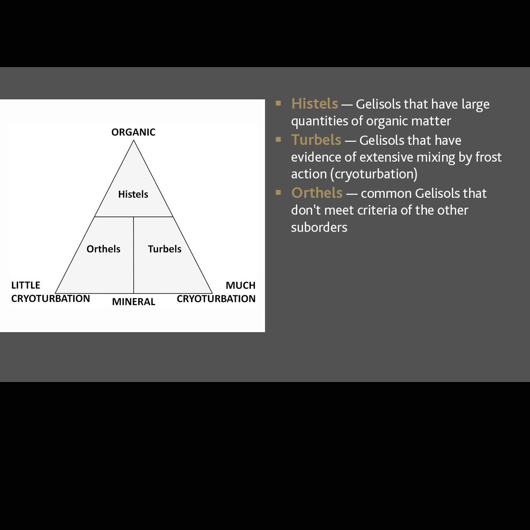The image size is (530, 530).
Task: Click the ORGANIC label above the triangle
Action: [x=133, y=132]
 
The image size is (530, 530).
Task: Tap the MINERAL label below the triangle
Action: [x=133, y=302]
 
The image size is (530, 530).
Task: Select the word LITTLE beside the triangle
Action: [x=26, y=285]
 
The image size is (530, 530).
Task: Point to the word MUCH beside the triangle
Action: [x=240, y=285]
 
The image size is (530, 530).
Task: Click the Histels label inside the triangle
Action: [x=133, y=194]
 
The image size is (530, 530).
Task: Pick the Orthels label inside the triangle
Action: [x=103, y=249]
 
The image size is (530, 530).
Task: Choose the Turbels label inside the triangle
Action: [x=165, y=249]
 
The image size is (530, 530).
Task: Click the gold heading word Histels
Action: [x=314, y=104]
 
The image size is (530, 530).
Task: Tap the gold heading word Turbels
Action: [x=316, y=140]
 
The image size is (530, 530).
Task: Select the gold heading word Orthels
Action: [x=317, y=193]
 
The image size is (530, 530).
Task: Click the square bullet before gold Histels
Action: [x=278, y=103]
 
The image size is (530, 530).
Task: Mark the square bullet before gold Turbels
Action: [x=278, y=140]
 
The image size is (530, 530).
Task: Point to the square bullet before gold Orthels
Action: [x=278, y=193]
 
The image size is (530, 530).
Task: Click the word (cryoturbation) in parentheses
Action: [x=374, y=174]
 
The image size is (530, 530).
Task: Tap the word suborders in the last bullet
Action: [x=319, y=227]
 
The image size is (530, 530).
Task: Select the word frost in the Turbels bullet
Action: [x=488, y=157]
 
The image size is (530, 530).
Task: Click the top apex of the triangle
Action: [x=134, y=140]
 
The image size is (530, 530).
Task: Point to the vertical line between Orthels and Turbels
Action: [x=134, y=255]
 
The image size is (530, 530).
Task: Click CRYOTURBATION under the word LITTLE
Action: [x=51, y=299]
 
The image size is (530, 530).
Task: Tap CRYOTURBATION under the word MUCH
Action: [x=216, y=299]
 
